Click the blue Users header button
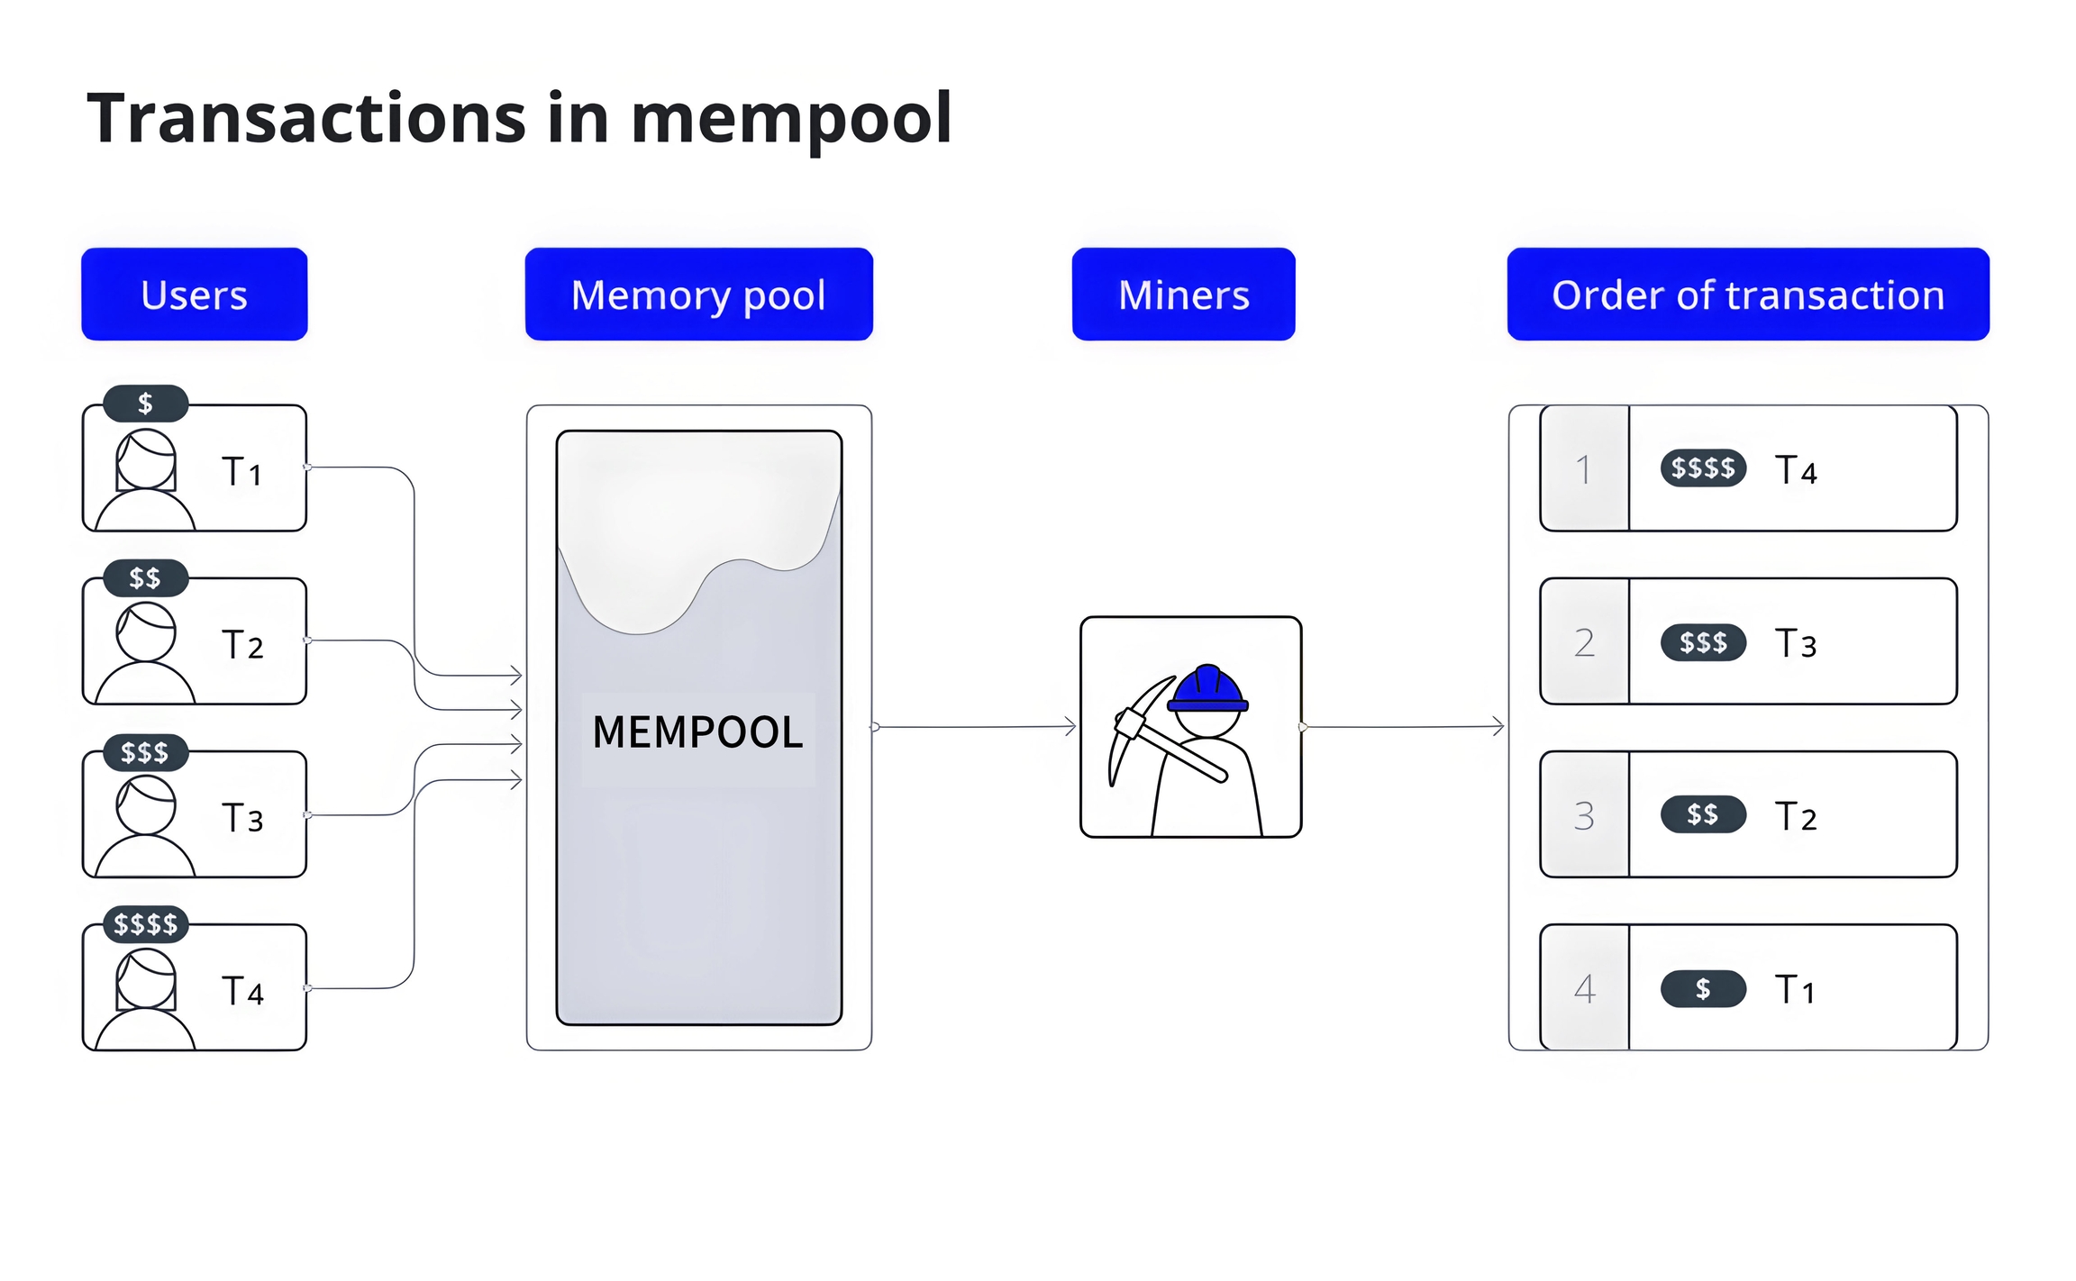coord(194,295)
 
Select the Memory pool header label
coord(698,295)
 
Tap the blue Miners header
coord(1183,295)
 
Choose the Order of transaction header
coord(1747,295)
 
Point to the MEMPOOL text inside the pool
coord(697,731)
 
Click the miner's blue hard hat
coord(1207,689)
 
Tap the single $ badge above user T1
coord(145,404)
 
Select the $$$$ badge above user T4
coord(145,924)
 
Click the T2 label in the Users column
coord(242,645)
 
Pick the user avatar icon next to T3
coord(145,824)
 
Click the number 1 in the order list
coord(1583,469)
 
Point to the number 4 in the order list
coord(1584,989)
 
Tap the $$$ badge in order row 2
coord(1703,642)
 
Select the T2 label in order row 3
coord(1796,816)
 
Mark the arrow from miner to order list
coord(1404,726)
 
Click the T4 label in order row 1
coord(1796,470)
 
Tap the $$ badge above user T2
coord(145,577)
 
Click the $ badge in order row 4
coord(1703,989)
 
